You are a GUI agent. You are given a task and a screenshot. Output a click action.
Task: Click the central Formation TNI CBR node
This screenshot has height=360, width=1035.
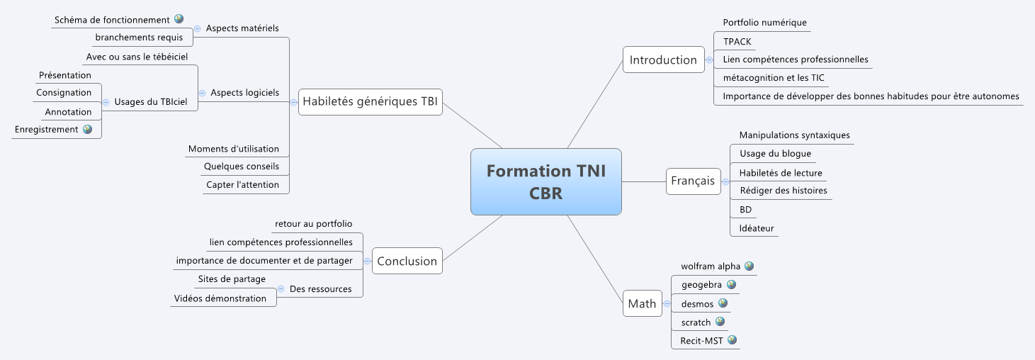545,181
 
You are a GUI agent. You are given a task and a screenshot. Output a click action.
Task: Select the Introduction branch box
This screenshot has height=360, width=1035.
663,60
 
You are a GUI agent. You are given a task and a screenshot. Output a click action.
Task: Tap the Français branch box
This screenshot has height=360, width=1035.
692,181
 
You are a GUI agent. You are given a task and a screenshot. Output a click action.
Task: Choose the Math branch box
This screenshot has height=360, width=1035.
642,303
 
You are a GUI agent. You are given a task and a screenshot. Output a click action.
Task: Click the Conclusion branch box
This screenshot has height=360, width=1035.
407,261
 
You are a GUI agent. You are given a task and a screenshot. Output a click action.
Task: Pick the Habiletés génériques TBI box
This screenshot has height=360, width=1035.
370,101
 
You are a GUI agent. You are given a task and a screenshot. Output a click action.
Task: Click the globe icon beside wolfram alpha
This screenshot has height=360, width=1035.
749,266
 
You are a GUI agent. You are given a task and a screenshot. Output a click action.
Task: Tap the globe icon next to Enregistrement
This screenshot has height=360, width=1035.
88,129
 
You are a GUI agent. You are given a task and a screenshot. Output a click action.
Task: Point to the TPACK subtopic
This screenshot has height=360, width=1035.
737,41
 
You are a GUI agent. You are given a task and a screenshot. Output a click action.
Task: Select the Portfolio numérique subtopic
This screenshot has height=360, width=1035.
764,23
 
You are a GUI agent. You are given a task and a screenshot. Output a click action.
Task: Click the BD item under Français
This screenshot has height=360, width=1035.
745,210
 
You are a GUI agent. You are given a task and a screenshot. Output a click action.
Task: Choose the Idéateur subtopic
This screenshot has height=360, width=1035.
757,228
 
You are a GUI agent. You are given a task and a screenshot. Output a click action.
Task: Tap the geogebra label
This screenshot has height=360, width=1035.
701,285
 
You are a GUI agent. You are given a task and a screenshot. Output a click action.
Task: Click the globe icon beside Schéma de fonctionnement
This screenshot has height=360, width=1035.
179,19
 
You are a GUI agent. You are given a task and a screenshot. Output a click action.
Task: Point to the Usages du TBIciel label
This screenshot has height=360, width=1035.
150,102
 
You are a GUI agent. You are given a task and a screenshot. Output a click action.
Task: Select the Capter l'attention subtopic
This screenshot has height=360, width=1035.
242,185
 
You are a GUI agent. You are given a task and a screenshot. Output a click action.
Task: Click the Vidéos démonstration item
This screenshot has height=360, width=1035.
220,298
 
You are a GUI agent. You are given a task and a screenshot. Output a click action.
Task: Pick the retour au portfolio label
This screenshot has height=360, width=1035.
313,224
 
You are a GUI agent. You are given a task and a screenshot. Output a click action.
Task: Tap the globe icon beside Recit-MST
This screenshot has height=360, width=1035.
733,340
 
